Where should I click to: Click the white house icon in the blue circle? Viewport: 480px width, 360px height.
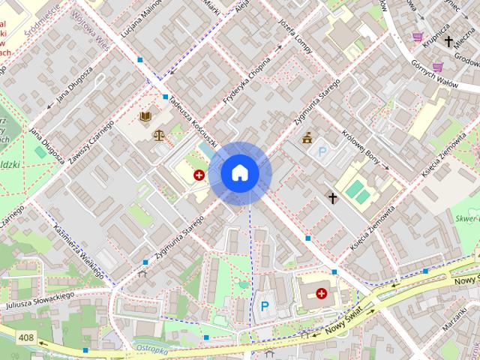click(240, 172)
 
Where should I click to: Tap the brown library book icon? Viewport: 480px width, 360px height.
click(145, 117)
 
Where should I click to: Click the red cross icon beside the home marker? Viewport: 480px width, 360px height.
click(199, 175)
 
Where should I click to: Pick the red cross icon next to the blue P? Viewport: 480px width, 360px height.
click(322, 294)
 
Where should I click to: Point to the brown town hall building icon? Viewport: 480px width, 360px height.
click(307, 138)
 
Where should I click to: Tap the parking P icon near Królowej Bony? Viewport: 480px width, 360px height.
click(323, 152)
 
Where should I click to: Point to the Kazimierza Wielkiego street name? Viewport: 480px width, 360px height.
click(79, 251)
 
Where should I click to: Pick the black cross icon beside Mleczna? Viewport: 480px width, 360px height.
click(449, 41)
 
